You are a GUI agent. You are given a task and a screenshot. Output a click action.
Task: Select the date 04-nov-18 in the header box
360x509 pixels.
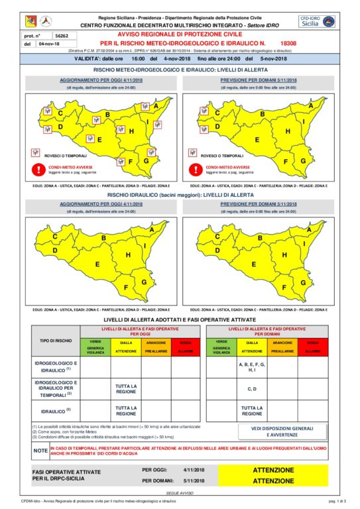point(50,44)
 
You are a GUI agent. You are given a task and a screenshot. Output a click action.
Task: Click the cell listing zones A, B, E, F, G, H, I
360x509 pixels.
point(251,367)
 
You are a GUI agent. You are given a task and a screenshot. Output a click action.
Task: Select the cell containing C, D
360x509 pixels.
point(251,388)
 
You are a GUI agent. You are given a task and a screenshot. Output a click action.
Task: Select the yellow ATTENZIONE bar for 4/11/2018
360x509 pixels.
point(272,470)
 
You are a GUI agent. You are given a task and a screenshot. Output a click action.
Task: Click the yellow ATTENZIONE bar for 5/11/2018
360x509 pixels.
point(272,481)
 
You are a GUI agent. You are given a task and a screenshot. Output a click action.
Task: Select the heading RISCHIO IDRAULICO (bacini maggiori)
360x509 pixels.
point(179,196)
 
